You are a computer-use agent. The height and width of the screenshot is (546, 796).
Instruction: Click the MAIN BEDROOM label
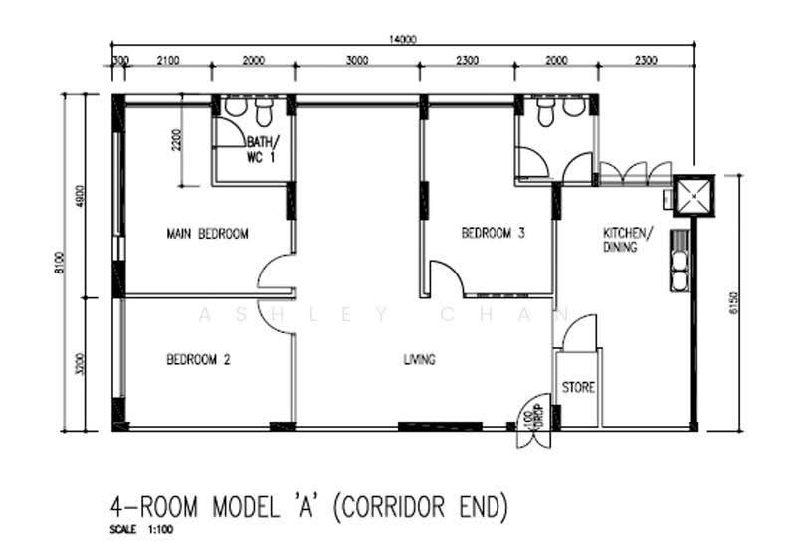click(x=207, y=234)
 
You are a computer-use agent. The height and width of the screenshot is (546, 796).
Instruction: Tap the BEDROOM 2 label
click(x=198, y=360)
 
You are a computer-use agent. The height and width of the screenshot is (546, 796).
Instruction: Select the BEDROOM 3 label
click(x=493, y=233)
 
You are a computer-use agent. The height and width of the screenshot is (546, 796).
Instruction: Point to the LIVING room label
click(x=419, y=359)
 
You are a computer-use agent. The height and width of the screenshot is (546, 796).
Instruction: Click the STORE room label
click(x=578, y=387)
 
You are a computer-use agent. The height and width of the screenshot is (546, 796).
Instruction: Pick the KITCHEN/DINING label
click(x=628, y=240)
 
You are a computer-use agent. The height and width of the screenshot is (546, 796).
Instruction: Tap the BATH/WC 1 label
click(x=262, y=150)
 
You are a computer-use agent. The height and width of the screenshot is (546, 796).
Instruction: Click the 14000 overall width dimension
click(x=403, y=39)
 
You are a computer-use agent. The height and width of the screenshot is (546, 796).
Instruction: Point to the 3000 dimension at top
click(x=357, y=61)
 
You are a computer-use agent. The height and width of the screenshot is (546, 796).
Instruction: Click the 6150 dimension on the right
click(x=732, y=303)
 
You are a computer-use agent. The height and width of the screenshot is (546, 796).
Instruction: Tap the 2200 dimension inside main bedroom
click(x=176, y=140)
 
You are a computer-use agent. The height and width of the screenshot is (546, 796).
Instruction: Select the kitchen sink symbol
click(x=679, y=261)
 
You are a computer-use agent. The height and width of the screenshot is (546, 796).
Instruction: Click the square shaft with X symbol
click(x=694, y=196)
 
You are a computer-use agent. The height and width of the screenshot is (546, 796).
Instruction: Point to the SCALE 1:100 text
click(x=141, y=530)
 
